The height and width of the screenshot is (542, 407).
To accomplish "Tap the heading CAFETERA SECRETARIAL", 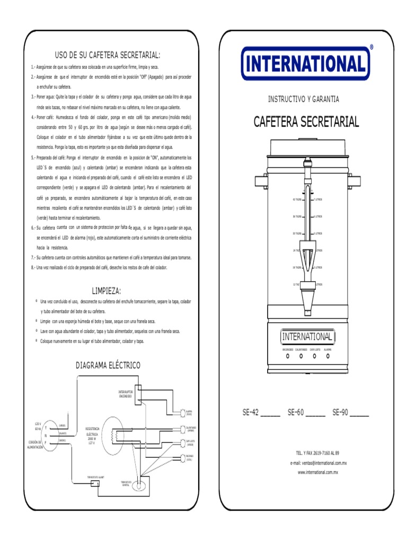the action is click(306, 122).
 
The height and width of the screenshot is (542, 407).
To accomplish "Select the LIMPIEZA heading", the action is click(107, 291).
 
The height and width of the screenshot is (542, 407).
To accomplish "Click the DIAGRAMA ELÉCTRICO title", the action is click(108, 365).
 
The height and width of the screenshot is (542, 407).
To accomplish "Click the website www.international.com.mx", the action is click(317, 472).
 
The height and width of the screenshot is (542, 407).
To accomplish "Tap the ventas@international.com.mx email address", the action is click(317, 463).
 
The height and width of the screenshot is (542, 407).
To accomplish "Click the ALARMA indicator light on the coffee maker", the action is click(328, 356).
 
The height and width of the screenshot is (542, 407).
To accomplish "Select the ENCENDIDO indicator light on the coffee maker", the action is click(287, 356).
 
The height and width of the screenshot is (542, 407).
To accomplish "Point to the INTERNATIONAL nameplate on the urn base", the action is click(307, 337).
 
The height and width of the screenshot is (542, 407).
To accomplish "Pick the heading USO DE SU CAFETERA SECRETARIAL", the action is click(108, 55).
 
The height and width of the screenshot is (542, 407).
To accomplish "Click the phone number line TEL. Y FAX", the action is click(317, 453).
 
